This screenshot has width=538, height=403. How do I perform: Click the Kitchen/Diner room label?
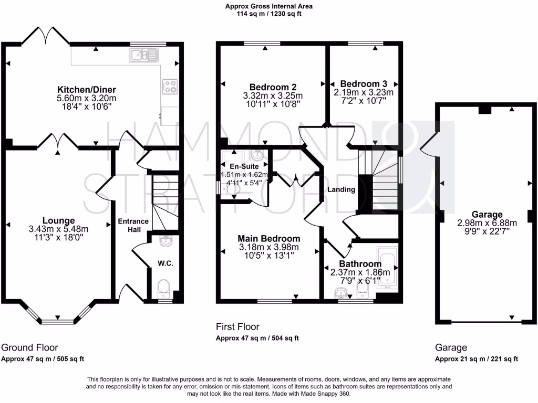pyautogui.click(x=87, y=90)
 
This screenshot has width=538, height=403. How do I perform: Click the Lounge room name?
pyautogui.click(x=58, y=220)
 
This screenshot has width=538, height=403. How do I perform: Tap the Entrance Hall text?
pyautogui.click(x=133, y=226)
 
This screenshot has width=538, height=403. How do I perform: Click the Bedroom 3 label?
pyautogui.click(x=364, y=84)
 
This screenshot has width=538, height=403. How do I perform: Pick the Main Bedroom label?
pyautogui.click(x=269, y=239)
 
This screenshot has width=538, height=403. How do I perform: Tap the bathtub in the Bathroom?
pyautogui.click(x=388, y=270)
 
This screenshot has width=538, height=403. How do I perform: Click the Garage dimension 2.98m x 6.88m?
pyautogui.click(x=487, y=222)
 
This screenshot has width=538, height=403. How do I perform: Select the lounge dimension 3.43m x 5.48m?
pyautogui.click(x=58, y=229)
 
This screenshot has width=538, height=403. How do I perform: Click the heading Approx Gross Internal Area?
pyautogui.click(x=268, y=7)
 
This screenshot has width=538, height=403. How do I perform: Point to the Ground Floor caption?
pyautogui.click(x=29, y=347)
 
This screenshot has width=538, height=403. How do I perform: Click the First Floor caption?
pyautogui.click(x=237, y=327)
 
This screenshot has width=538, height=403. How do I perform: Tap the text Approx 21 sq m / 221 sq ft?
pyautogui.click(x=476, y=359)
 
